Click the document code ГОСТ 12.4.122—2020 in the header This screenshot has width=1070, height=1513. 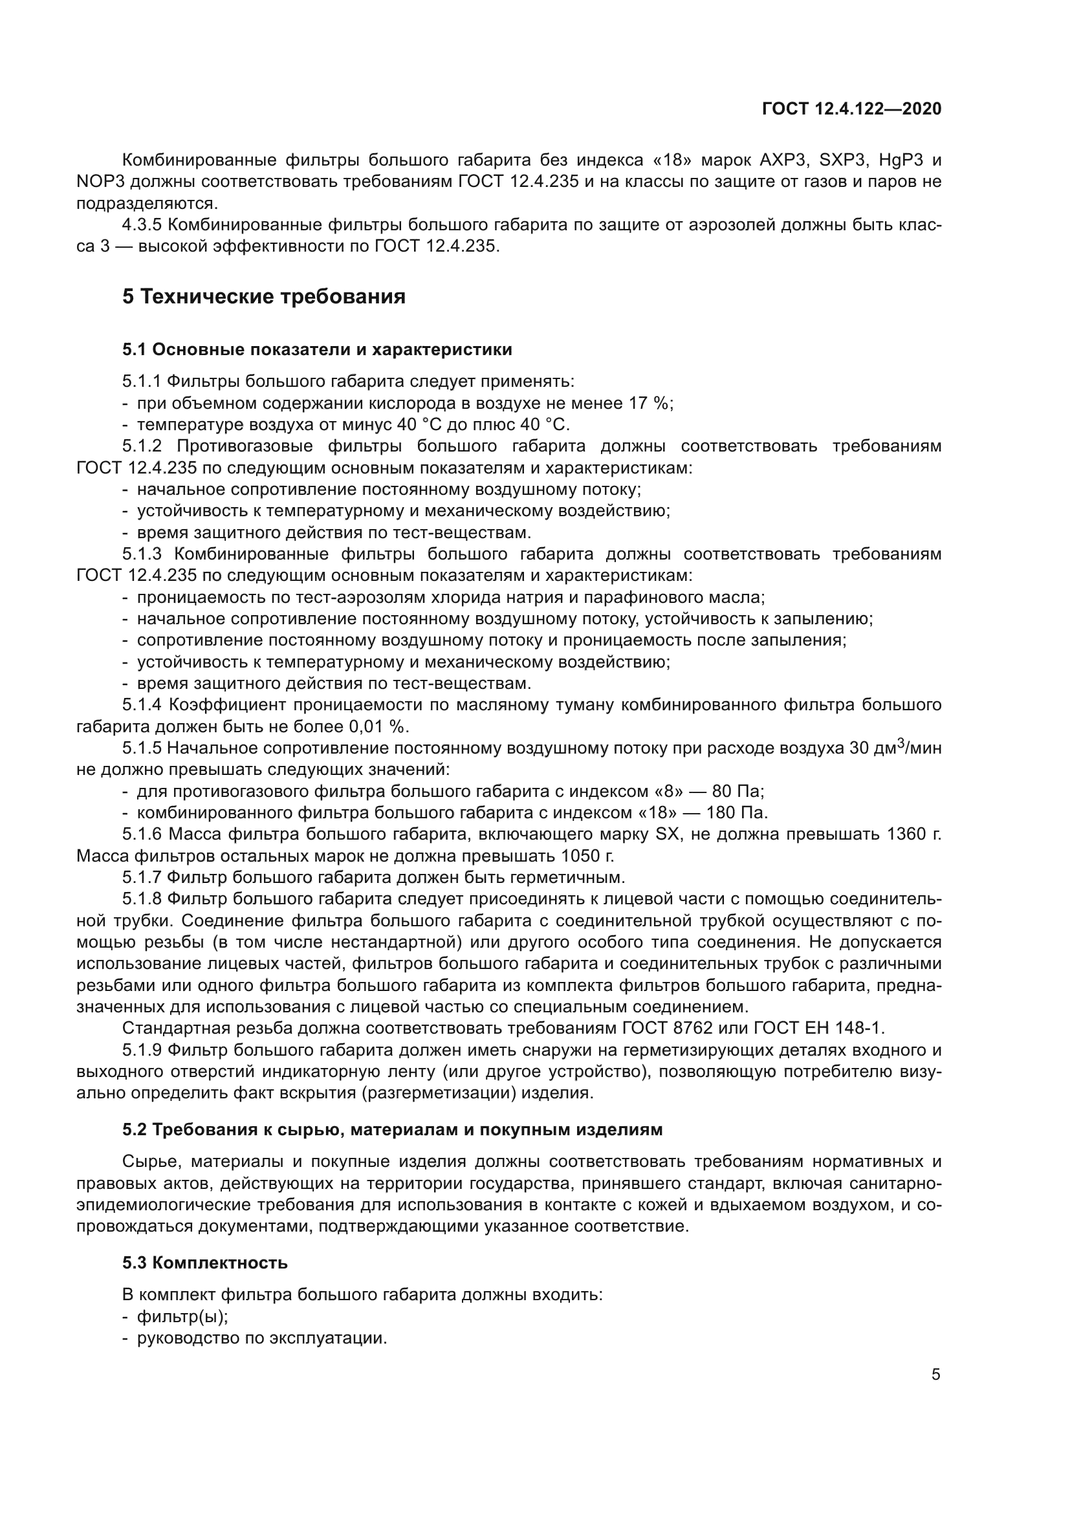click(x=851, y=109)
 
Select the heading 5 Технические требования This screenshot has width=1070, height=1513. click(x=263, y=296)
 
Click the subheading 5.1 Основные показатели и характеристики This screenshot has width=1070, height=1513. click(x=317, y=349)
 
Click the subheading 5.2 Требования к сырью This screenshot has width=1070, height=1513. click(x=392, y=1129)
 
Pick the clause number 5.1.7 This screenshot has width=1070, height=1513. click(x=142, y=877)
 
